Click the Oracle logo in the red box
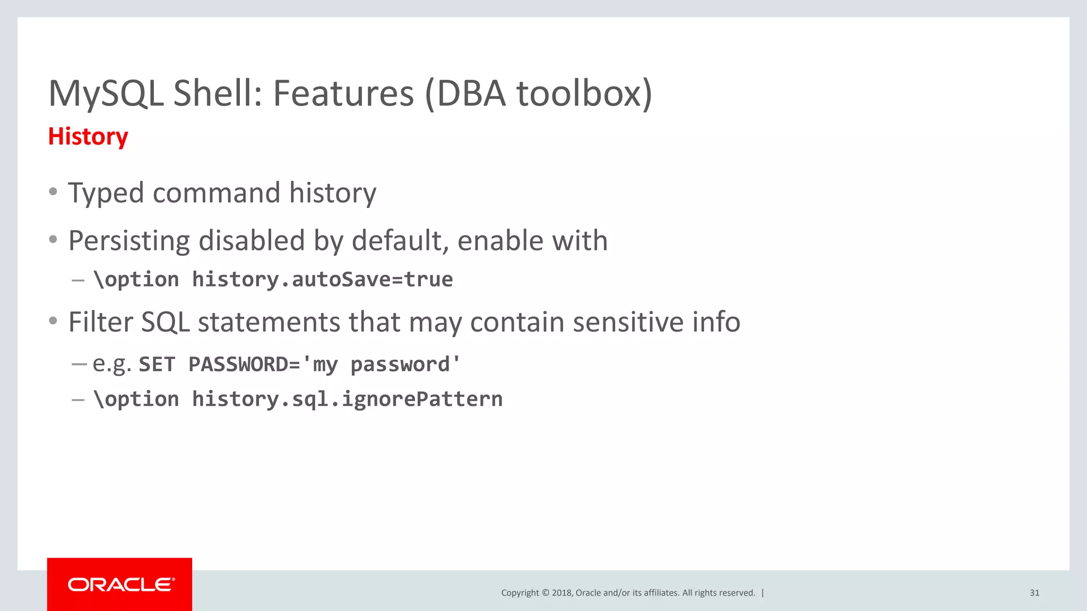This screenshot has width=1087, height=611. click(120, 584)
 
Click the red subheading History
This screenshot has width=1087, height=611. click(88, 137)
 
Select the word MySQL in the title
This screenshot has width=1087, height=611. click(106, 94)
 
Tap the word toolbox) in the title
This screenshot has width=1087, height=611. click(584, 94)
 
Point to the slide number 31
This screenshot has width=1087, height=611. click(1034, 593)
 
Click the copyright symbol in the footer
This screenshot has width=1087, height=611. click(545, 593)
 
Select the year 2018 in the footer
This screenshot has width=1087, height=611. click(562, 593)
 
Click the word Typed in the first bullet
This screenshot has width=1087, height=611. click(106, 193)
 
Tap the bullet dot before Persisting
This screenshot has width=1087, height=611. click(53, 240)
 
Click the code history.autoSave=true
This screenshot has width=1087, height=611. click(322, 280)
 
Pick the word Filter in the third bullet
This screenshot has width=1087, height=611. click(100, 322)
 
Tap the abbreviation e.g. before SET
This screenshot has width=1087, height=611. click(112, 365)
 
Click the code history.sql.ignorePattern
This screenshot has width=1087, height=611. click(347, 399)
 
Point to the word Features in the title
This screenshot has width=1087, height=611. click(343, 94)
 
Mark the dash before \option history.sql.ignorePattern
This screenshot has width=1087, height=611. click(78, 399)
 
